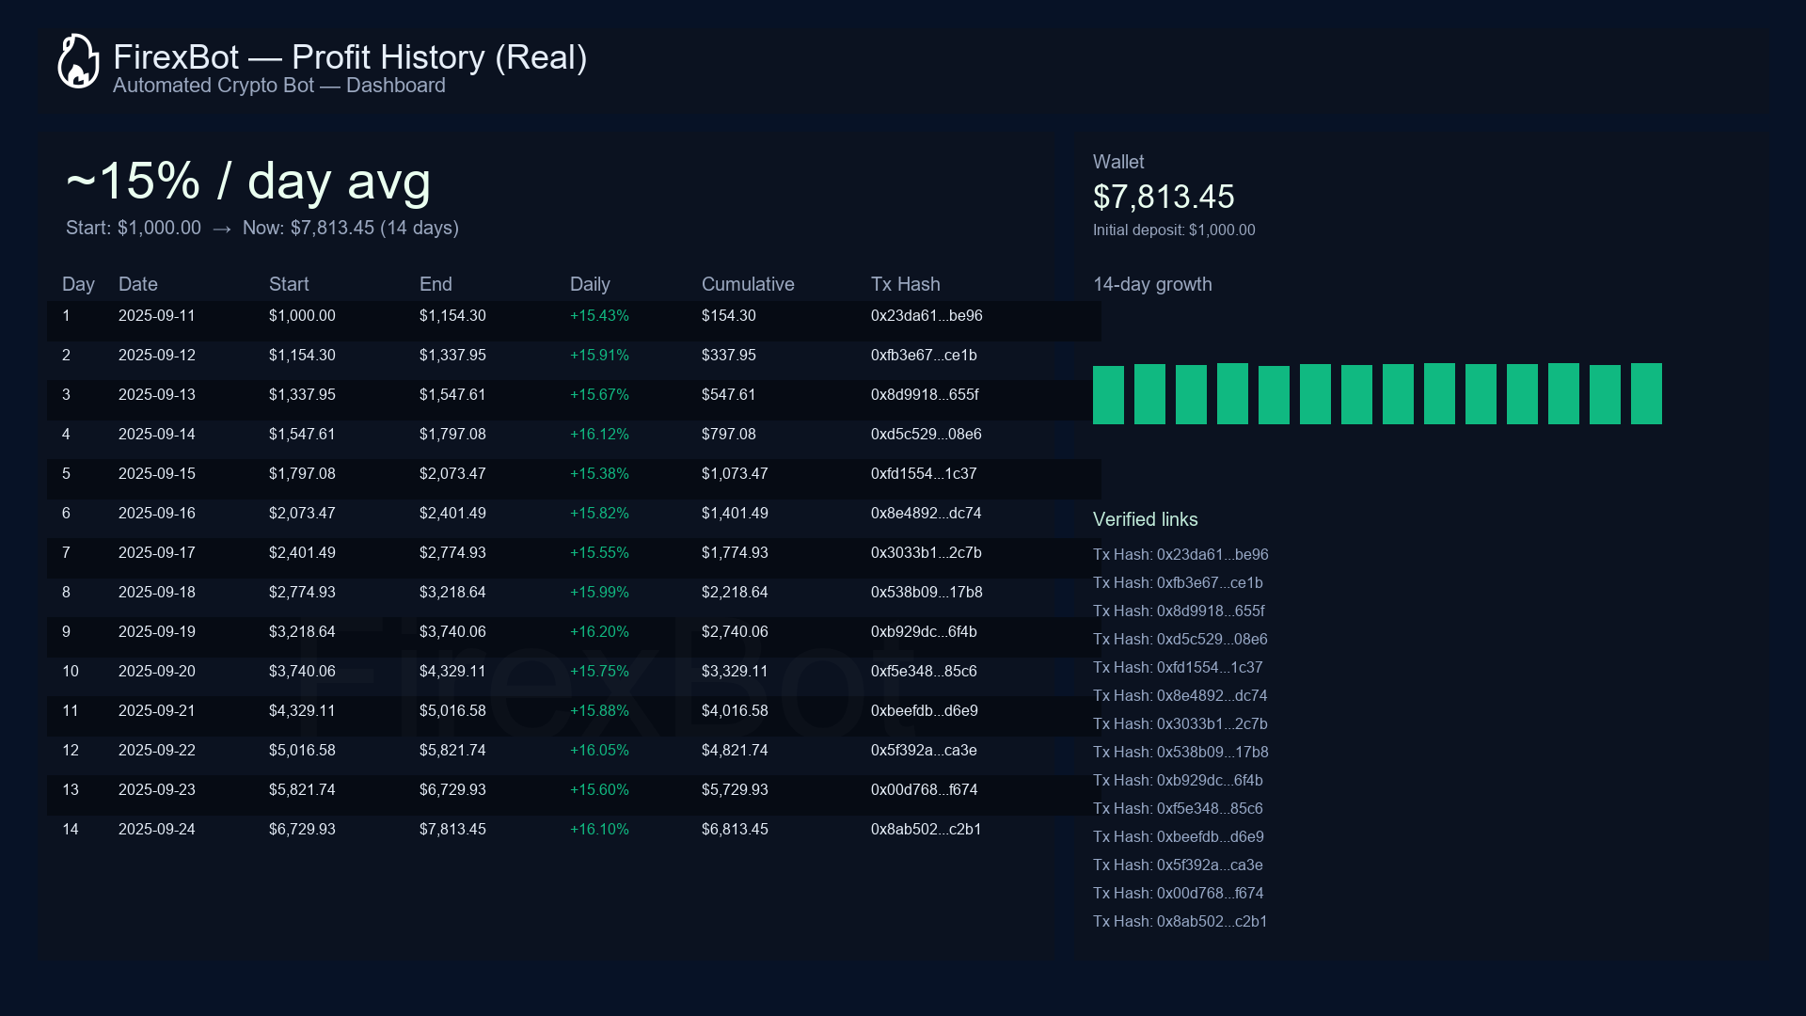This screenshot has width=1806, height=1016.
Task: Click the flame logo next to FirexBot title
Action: (78, 62)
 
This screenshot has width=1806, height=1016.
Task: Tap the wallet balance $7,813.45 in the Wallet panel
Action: (1163, 197)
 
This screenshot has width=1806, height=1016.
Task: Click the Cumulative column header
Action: (747, 284)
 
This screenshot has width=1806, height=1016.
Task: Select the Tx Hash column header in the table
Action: (905, 284)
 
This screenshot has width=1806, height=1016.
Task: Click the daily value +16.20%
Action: (598, 632)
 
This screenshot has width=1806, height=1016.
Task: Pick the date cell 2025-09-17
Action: (156, 553)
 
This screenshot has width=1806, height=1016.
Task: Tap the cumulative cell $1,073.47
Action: (734, 474)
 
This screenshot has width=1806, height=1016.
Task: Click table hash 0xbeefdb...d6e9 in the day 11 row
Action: (924, 711)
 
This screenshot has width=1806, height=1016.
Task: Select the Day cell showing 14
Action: (71, 830)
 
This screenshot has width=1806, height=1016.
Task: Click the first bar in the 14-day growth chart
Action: (1108, 395)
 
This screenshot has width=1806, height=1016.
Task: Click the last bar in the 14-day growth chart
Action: (1645, 393)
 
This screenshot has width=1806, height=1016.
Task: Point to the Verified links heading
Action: (1145, 519)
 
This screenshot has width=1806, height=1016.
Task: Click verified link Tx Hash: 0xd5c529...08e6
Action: (1180, 640)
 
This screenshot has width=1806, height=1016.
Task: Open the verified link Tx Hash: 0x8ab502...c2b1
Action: (1180, 922)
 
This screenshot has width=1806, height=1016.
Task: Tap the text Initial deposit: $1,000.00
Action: (1173, 230)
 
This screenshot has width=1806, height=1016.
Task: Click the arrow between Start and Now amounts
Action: (222, 229)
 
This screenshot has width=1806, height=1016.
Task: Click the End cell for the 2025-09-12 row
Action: (451, 356)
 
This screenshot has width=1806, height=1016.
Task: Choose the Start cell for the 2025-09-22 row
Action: (301, 751)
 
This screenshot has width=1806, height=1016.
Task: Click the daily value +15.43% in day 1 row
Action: (598, 316)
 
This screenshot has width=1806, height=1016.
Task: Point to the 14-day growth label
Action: (1151, 284)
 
